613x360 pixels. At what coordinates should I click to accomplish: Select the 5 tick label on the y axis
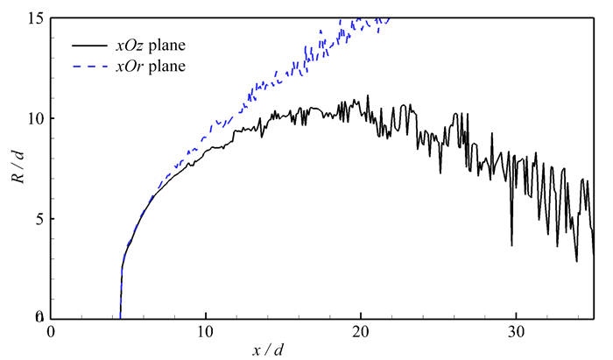39,219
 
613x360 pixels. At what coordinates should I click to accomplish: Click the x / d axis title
266,349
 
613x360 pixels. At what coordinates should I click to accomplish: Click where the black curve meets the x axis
120,318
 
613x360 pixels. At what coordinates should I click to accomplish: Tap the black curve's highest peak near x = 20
368,95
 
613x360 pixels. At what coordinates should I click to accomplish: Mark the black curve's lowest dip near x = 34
576,261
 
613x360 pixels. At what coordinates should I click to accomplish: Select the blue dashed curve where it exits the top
385,18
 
